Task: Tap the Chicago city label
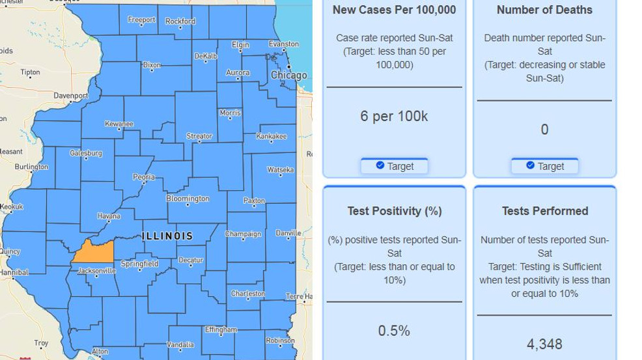click(288, 76)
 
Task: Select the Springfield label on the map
click(140, 264)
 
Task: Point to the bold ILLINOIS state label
click(167, 236)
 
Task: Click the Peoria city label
click(144, 177)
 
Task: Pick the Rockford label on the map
click(180, 21)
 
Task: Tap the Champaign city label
click(243, 234)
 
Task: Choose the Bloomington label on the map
click(188, 199)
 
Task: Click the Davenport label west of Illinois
click(71, 96)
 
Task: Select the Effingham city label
click(221, 330)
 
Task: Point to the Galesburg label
click(87, 154)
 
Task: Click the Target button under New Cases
click(395, 166)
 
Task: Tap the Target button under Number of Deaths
click(545, 166)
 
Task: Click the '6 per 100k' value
click(394, 117)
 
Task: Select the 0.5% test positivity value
click(394, 331)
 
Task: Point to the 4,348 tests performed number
click(544, 344)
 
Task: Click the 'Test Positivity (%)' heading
click(395, 211)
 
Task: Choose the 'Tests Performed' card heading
click(545, 211)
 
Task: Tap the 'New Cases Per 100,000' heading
click(395, 10)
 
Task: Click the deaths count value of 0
click(544, 130)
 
